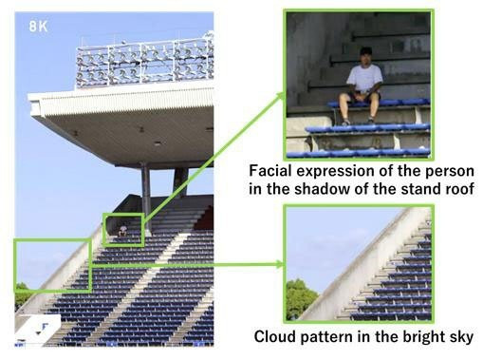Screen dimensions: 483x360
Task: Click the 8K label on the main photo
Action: point(38,27)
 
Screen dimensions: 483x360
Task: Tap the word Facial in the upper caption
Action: point(266,171)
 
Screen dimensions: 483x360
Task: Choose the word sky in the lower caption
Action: point(462,337)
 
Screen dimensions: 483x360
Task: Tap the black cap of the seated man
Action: point(366,50)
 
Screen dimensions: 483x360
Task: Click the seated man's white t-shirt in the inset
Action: point(364,77)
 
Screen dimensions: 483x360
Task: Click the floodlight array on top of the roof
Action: point(145,62)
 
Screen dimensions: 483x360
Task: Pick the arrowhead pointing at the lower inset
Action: point(279,264)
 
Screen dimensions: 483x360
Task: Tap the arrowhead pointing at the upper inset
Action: point(281,96)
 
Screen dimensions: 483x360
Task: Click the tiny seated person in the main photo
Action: point(122,231)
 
